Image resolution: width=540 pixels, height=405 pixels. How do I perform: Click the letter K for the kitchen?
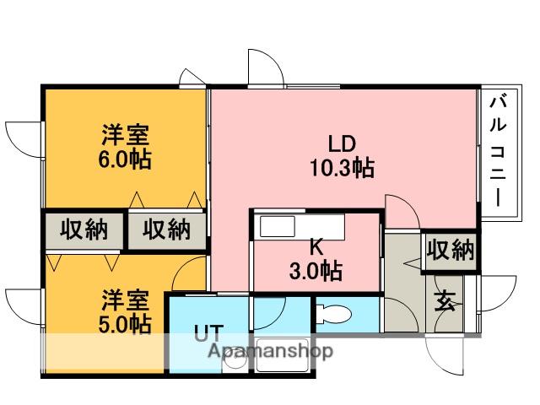[316, 248]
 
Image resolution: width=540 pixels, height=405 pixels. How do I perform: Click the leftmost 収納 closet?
[84, 230]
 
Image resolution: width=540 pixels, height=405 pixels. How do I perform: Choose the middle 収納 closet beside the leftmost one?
[166, 230]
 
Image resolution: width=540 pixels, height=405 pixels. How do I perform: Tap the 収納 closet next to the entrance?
[449, 251]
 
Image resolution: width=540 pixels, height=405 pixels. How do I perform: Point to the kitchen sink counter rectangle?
[300, 227]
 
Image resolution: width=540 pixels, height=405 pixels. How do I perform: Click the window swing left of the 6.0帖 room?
[24, 138]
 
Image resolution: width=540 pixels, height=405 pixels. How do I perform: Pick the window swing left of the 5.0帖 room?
[24, 304]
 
